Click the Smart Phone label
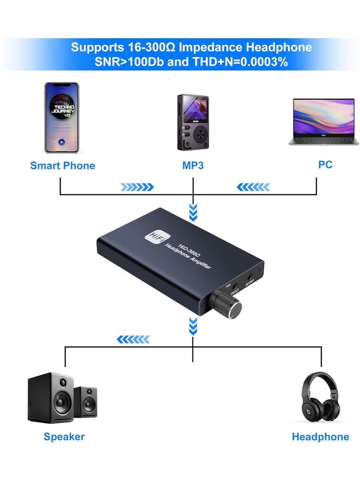coord(63,166)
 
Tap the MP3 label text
coord(193,166)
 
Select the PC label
coord(325,165)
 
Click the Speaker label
coord(64,436)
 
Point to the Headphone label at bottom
coord(320,437)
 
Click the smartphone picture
coord(62,118)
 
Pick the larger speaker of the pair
coord(51,397)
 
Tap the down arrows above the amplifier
coord(193,212)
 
